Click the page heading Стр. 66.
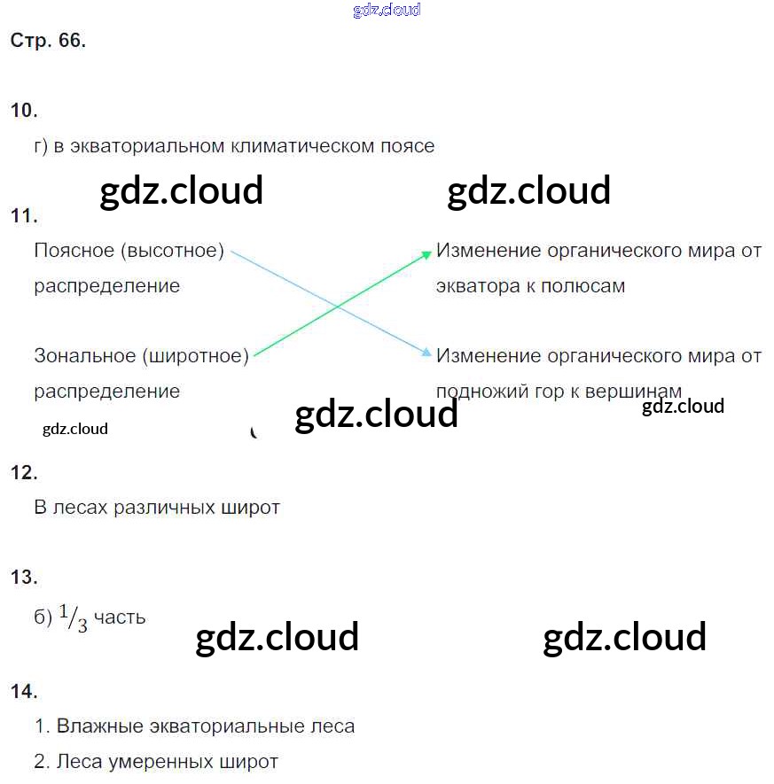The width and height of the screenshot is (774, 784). [48, 41]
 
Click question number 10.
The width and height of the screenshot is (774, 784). [24, 111]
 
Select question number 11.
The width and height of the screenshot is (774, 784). [24, 216]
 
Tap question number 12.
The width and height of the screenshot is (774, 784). [24, 473]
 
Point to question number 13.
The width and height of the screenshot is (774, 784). [24, 578]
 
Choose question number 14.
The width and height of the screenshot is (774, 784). [24, 692]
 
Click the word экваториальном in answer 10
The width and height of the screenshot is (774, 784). [147, 146]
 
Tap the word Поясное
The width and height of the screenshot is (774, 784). [75, 251]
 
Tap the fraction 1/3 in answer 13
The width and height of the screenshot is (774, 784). [74, 618]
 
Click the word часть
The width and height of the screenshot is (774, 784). [119, 617]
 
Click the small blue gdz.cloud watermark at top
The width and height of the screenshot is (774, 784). [387, 10]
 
